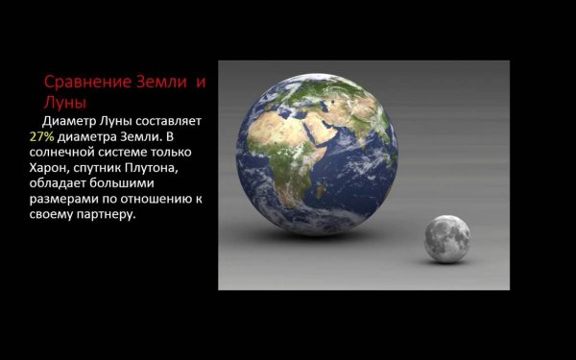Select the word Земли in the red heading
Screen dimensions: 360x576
coord(159,83)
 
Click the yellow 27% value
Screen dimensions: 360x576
coord(43,137)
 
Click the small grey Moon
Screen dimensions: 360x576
coord(447,239)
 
